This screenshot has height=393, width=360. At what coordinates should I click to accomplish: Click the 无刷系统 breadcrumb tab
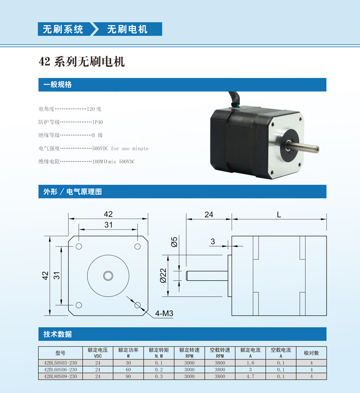63,29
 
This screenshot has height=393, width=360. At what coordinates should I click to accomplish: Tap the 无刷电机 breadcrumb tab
128,29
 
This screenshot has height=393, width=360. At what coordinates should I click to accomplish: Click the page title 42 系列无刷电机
82,62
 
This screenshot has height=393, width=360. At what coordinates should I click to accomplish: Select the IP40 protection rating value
98,122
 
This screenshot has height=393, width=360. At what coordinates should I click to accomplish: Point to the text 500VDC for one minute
120,148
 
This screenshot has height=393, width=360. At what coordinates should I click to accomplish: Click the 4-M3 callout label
164,313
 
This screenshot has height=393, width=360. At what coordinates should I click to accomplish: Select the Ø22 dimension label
163,276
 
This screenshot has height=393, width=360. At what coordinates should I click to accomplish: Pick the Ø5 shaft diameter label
174,242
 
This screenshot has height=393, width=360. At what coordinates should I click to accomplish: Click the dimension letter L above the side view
279,215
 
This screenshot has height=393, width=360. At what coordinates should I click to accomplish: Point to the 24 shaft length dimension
209,215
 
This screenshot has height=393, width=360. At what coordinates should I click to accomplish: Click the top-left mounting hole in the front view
79,246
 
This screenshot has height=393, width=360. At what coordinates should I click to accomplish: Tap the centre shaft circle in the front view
108,276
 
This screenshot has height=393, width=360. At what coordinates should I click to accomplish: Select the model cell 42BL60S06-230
60,369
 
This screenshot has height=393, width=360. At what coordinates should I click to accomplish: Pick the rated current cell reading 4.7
250,376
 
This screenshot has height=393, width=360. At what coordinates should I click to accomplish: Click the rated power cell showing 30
128,363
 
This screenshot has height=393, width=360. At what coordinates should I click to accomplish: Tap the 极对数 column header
311,353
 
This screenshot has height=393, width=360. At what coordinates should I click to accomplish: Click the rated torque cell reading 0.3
159,376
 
